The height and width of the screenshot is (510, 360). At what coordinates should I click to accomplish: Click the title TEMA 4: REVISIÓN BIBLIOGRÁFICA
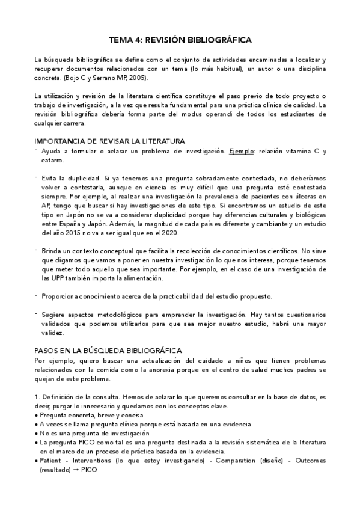point(180,40)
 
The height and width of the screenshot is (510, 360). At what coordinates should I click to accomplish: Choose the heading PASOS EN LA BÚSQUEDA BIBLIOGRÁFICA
point(109,351)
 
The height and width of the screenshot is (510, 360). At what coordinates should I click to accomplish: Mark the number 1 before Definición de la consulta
point(36,397)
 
